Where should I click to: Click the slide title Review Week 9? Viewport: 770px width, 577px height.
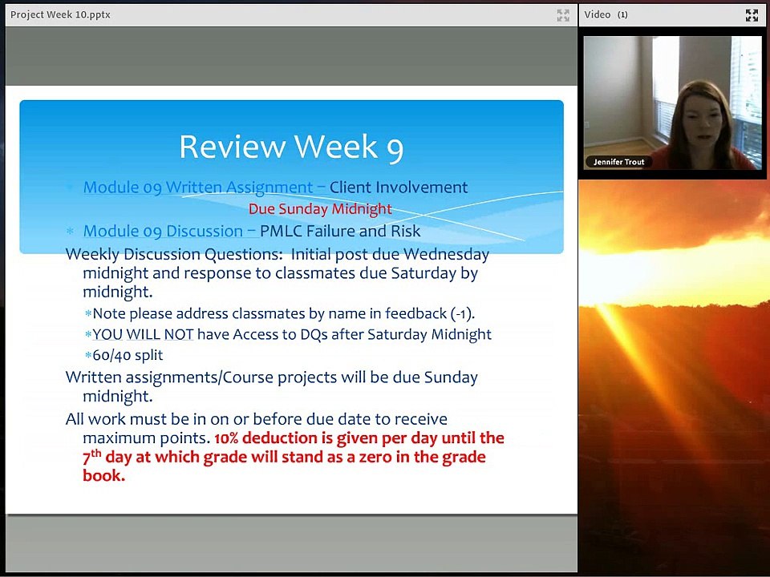[290, 147]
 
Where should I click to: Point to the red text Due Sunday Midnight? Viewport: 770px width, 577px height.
[320, 209]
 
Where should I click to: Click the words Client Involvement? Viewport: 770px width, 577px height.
[398, 188]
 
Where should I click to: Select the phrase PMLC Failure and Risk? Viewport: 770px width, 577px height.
[340, 232]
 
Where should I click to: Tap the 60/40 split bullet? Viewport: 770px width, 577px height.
[128, 354]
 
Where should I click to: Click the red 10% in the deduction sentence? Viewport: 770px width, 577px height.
[226, 438]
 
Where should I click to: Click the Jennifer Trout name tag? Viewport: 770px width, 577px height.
[618, 162]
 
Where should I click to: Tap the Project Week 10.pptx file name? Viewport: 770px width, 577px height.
[60, 14]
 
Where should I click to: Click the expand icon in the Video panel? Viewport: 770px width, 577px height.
[752, 14]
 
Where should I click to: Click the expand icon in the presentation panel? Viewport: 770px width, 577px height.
[563, 14]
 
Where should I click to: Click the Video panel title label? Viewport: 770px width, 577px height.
[598, 14]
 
